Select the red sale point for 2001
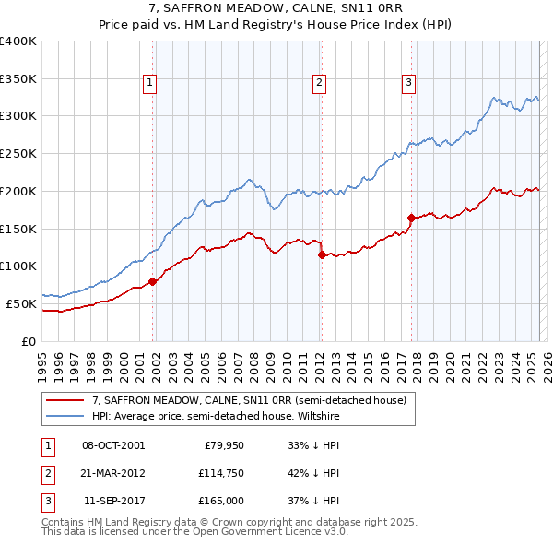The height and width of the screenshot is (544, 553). click(153, 282)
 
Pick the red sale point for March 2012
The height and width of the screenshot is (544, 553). click(322, 255)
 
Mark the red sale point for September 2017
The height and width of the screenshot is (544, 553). click(411, 218)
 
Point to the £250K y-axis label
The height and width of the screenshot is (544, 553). click(18, 153)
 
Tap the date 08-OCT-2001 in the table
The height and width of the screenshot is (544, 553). click(113, 445)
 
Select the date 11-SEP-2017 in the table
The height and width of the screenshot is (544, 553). click(113, 501)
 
